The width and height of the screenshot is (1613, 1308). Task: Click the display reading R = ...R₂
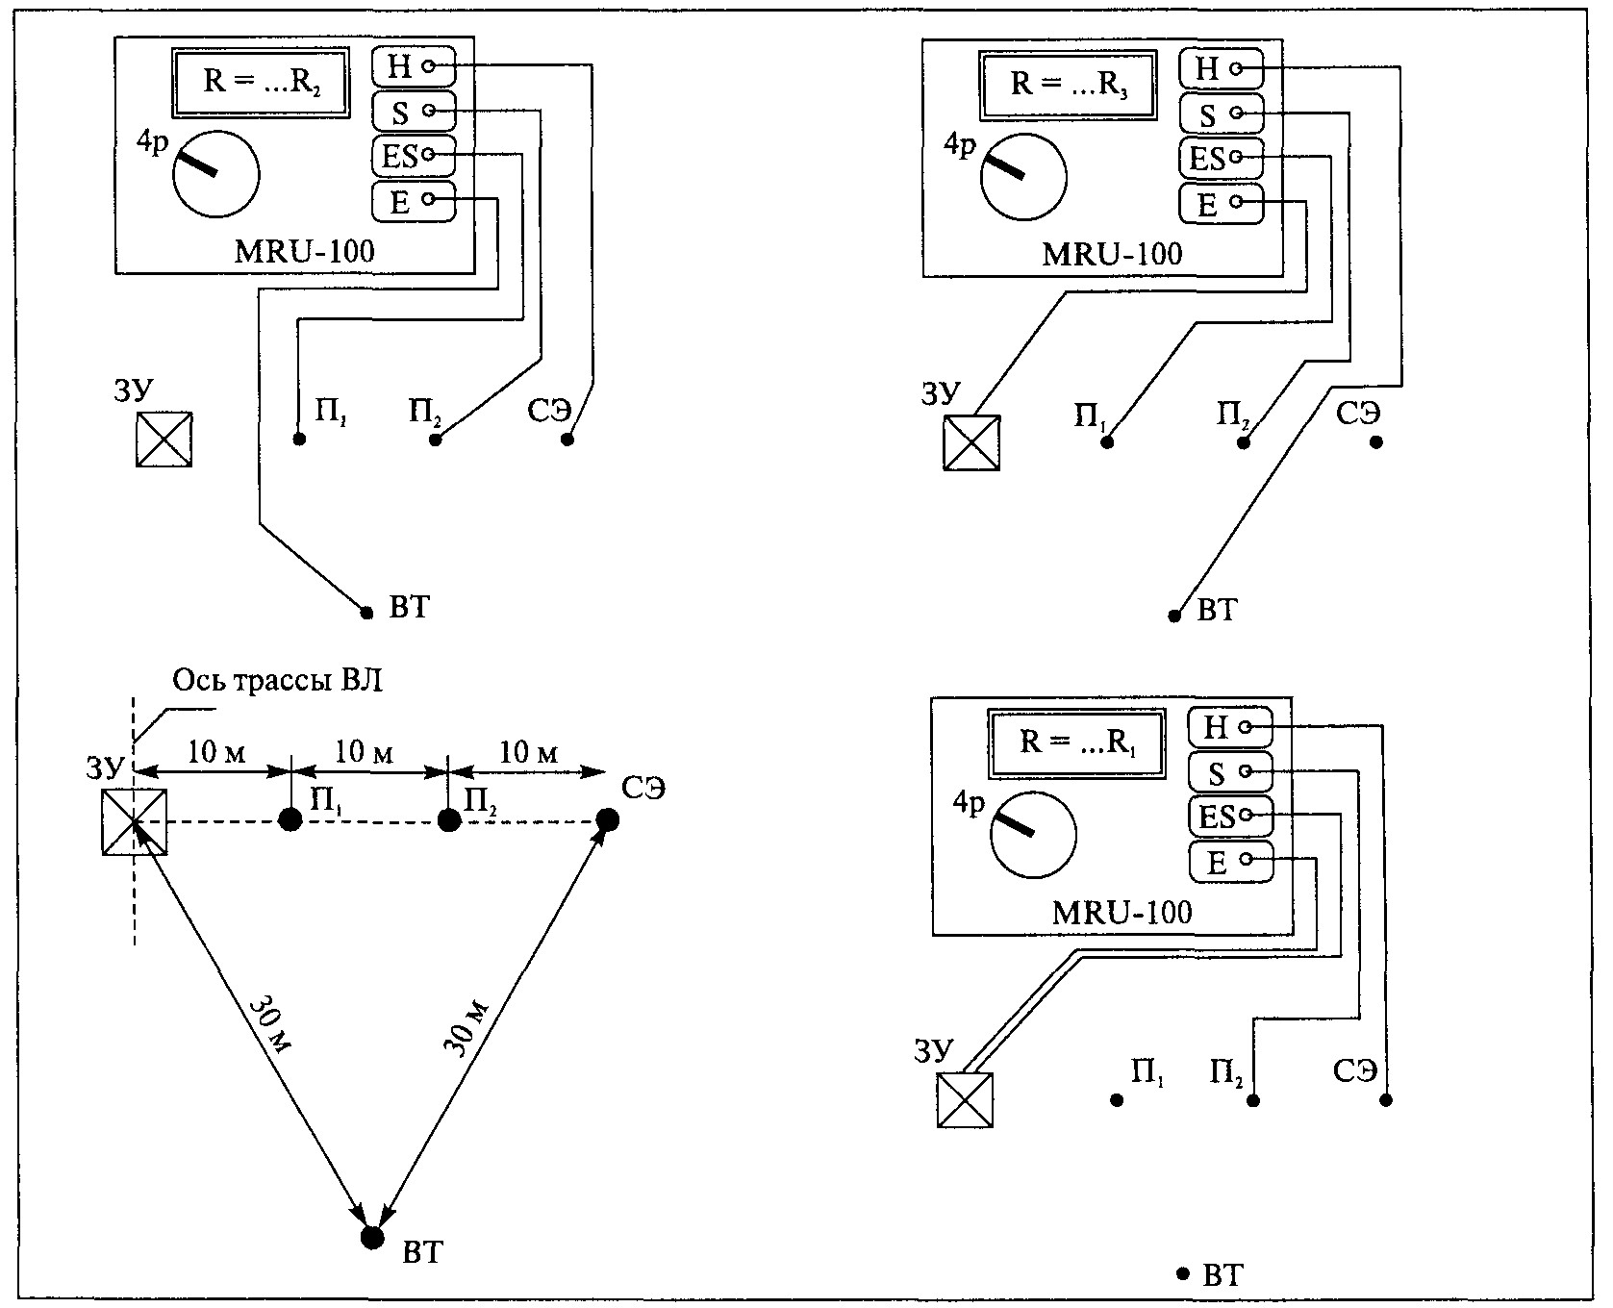[x=260, y=81]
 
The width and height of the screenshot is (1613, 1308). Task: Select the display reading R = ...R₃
[x=1067, y=84]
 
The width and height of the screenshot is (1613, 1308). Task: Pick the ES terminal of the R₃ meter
[x=1221, y=158]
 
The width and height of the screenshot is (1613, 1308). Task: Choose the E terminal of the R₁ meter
[x=1230, y=862]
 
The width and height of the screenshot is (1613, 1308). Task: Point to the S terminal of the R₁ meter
[x=1230, y=771]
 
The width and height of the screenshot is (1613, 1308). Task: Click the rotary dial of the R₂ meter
[x=216, y=173]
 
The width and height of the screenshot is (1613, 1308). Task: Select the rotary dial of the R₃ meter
[x=1023, y=177]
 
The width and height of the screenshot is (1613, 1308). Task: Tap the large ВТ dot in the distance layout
[x=371, y=1237]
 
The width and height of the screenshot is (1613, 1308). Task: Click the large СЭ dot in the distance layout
[x=607, y=819]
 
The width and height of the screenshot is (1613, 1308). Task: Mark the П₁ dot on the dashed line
[x=290, y=819]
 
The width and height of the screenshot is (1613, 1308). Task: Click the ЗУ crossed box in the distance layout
[x=135, y=822]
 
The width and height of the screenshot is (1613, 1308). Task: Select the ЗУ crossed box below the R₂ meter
[x=164, y=440]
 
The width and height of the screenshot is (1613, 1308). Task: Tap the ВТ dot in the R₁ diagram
[x=1183, y=1273]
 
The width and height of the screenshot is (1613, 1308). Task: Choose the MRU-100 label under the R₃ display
[x=1112, y=254]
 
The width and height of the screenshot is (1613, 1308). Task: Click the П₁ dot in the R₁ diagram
[x=1117, y=1100]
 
